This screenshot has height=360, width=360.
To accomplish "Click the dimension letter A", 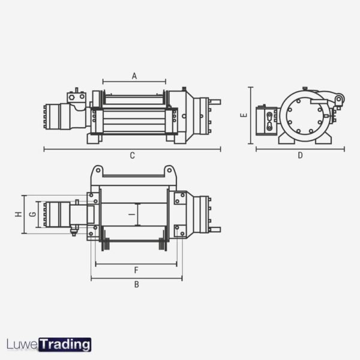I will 134,76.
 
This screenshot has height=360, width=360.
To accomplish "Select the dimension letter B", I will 136,284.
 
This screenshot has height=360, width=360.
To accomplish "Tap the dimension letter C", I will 132,155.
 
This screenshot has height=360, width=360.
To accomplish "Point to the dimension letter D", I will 300,155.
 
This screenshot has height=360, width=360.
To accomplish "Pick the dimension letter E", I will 243,116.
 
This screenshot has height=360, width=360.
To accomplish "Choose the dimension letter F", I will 136,271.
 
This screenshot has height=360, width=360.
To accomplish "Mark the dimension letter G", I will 32,214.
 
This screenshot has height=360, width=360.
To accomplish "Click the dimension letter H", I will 18,214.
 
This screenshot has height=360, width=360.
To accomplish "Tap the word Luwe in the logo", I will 22,345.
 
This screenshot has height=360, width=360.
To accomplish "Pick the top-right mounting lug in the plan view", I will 170,172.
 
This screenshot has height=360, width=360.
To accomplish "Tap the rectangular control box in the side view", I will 266,120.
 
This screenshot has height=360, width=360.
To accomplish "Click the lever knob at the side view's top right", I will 339,99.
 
